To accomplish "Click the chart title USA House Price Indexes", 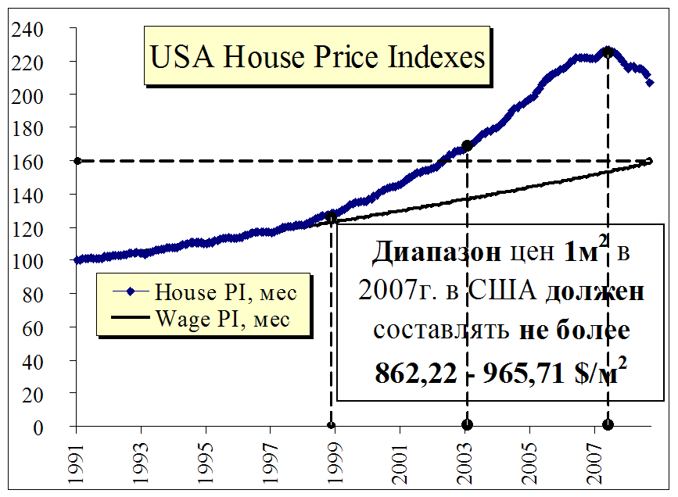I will click(317, 57).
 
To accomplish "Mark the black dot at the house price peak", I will click(608, 52).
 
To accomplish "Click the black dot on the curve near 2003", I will click(467, 145).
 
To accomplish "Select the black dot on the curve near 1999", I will click(331, 218).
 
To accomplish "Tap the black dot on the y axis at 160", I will click(77, 161).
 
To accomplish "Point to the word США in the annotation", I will click(504, 291).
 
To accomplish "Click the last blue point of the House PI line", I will click(650, 82).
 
